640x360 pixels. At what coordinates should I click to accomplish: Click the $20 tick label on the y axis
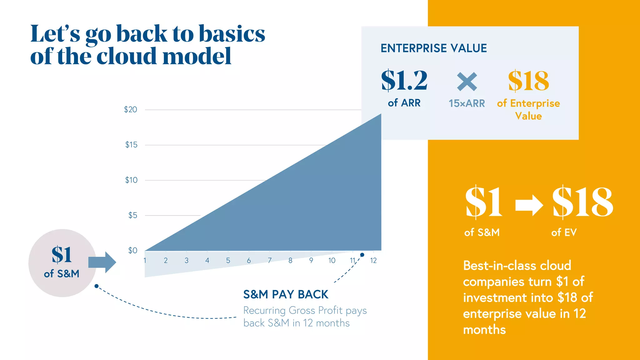(x=131, y=110)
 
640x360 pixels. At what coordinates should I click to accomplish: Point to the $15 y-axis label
(x=131, y=145)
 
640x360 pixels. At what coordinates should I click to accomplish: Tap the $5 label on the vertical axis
(x=133, y=215)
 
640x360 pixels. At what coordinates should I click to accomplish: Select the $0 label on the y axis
(x=133, y=250)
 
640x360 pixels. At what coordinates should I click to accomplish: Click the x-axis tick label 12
(x=373, y=261)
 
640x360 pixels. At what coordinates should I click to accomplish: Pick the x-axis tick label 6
(x=249, y=261)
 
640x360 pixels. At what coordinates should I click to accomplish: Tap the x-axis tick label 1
(x=145, y=261)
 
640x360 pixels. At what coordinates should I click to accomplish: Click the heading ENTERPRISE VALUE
(x=434, y=48)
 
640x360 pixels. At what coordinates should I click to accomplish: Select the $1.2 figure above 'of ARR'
(x=404, y=81)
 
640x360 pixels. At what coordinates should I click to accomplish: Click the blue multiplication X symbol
(x=467, y=82)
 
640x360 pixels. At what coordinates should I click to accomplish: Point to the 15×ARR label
(x=467, y=103)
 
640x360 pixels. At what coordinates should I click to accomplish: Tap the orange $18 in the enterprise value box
(x=528, y=81)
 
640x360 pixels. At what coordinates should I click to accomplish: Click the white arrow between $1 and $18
(x=529, y=205)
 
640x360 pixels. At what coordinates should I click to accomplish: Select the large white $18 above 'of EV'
(x=582, y=202)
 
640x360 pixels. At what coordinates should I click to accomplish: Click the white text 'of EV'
(x=564, y=232)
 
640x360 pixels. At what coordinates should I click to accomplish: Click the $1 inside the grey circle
(x=62, y=255)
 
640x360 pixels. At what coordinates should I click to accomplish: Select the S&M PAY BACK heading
(x=286, y=294)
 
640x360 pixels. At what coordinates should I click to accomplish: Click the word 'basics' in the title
(x=232, y=33)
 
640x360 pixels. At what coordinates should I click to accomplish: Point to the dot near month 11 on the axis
(x=362, y=255)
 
